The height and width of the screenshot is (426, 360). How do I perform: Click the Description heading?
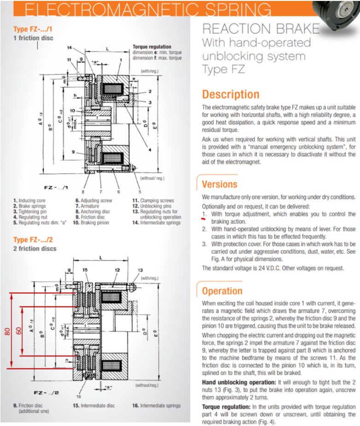click(x=231, y=95)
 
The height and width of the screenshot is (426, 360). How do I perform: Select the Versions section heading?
click(x=220, y=184)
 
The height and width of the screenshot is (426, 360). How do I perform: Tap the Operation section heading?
click(x=222, y=291)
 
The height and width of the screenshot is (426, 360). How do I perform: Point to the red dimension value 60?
click(x=19, y=331)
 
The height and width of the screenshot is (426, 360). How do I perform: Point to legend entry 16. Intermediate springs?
click(x=156, y=405)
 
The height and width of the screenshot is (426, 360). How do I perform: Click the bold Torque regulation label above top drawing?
click(x=151, y=47)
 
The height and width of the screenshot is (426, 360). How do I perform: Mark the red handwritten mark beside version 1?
click(x=203, y=220)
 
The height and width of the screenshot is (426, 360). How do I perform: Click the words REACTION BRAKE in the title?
click(x=261, y=29)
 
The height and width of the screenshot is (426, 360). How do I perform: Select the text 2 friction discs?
click(x=35, y=248)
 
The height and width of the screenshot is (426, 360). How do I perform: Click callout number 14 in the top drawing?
click(x=70, y=48)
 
